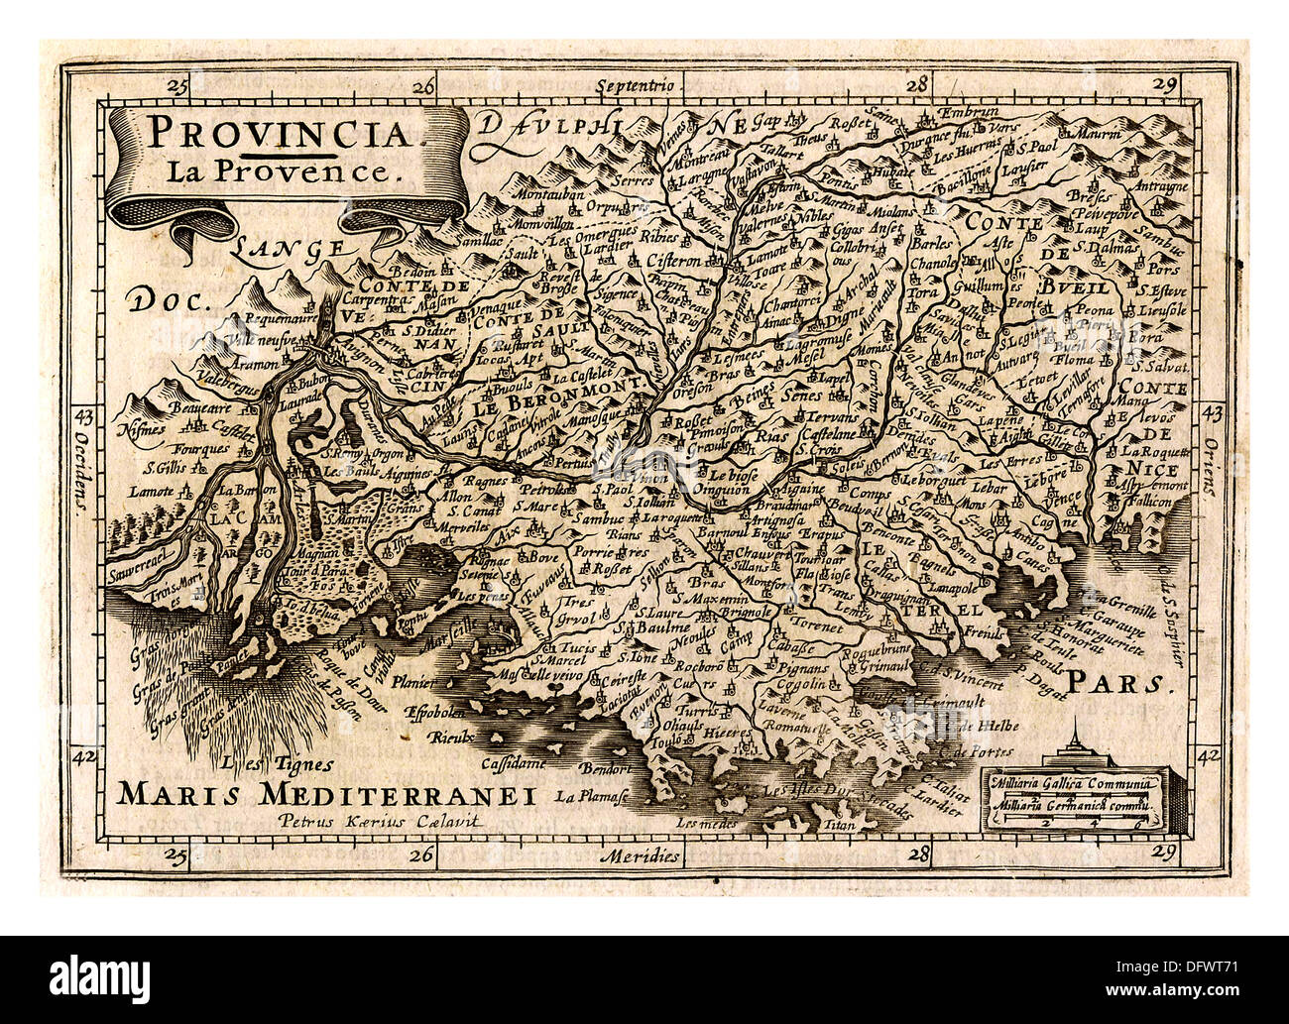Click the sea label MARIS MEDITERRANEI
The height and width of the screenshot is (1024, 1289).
point(325,793)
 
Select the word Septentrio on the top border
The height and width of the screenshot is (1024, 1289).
point(638,86)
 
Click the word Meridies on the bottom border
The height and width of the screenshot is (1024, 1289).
point(648,853)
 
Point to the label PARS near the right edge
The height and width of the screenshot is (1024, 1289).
point(1118,682)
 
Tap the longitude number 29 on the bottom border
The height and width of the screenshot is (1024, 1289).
point(1167,852)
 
